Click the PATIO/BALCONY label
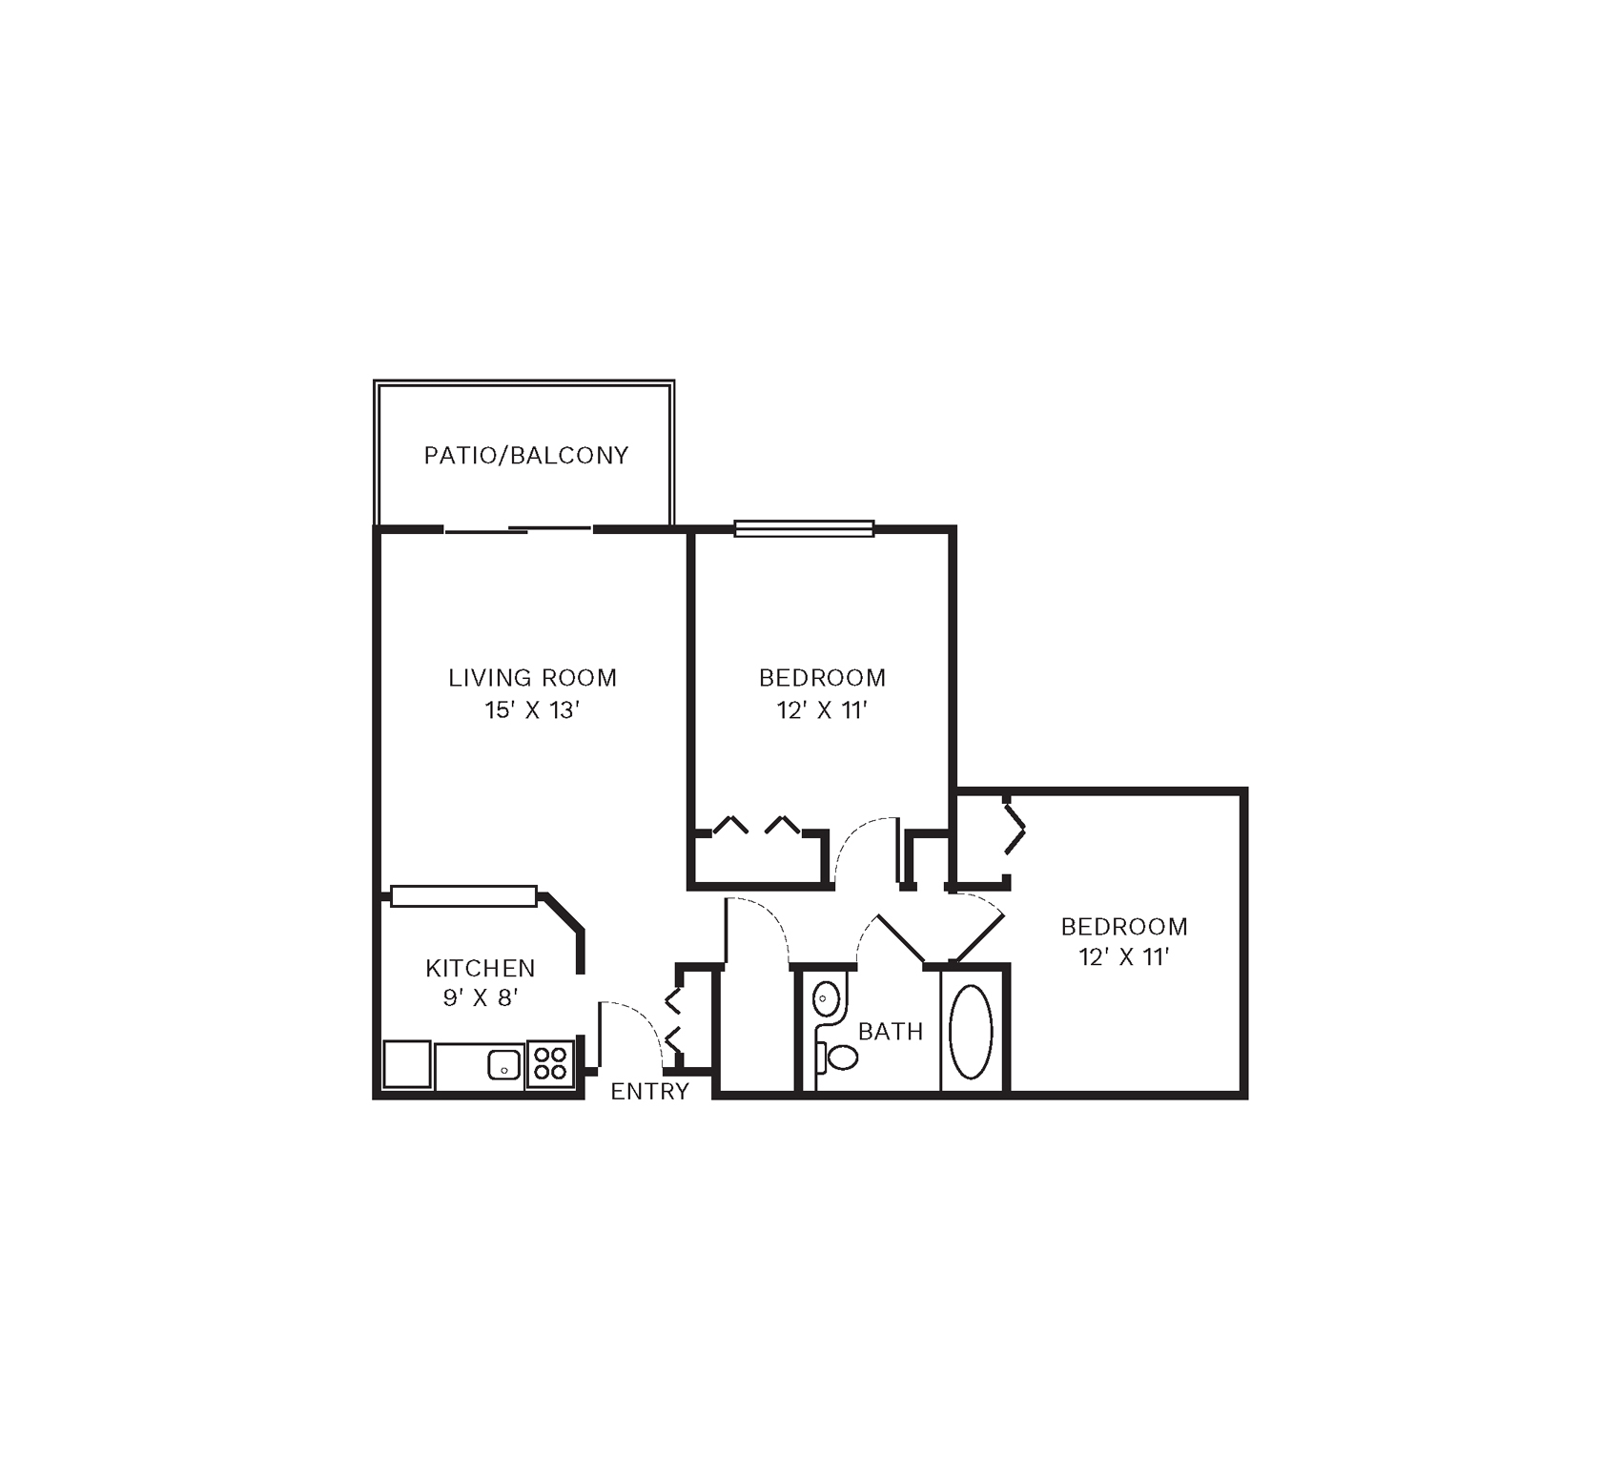coord(526,456)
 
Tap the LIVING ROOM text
coord(533,678)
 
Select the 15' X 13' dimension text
coord(533,710)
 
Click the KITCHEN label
coord(481,968)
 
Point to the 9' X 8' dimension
coord(481,998)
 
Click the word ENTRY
coord(649,1092)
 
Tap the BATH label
coord(891,1031)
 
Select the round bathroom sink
coord(826,999)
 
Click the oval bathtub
coord(972,1032)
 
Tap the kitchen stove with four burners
coord(550,1063)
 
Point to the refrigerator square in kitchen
coord(407,1064)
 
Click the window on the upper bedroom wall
coord(804,528)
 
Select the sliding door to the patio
coord(518,529)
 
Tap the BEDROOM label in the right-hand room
coord(1124,926)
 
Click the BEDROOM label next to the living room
coord(822,678)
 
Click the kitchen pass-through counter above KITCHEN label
coord(463,896)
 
